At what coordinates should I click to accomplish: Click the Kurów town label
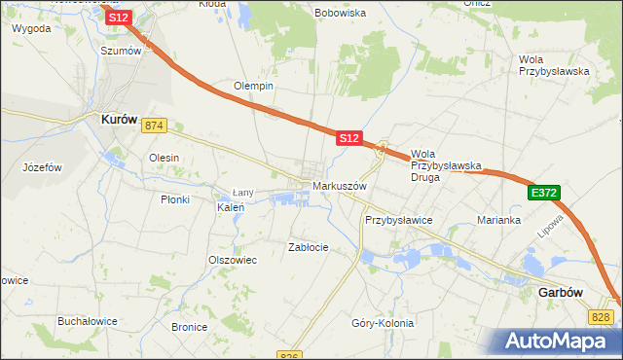click(124, 119)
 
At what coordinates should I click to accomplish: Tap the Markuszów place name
click(339, 186)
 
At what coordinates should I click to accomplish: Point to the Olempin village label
click(253, 86)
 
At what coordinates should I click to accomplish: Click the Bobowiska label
click(340, 14)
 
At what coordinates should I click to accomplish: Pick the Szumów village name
click(122, 50)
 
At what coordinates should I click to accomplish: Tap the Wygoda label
click(31, 28)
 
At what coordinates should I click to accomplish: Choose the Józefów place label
click(42, 167)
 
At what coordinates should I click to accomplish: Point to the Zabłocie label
click(309, 247)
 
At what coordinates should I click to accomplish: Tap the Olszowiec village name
click(232, 260)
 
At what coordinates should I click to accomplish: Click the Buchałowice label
click(88, 321)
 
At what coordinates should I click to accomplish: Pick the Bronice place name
click(189, 327)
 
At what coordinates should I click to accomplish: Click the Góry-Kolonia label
click(383, 323)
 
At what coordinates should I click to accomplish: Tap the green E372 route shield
click(544, 195)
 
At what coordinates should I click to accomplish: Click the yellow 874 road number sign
click(154, 126)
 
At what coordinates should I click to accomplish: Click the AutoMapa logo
click(560, 342)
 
